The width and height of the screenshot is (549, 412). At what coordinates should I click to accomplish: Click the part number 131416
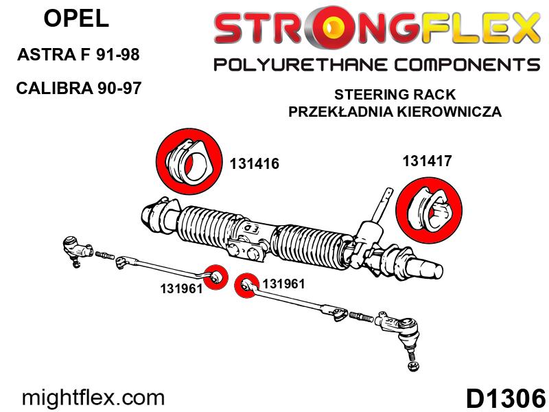255,163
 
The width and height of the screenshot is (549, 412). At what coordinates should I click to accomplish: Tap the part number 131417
427,161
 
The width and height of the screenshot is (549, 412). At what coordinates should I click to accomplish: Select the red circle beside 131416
189,161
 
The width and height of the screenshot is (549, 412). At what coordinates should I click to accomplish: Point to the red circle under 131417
429,209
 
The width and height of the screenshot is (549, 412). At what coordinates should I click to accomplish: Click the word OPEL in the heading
76,19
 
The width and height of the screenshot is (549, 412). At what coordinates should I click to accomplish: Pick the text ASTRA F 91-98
78,54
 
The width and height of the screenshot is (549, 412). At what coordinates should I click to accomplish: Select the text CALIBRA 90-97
78,88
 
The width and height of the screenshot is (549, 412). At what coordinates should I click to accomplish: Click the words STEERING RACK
395,95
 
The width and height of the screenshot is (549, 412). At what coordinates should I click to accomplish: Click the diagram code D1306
506,398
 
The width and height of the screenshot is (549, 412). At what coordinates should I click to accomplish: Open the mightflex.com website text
93,398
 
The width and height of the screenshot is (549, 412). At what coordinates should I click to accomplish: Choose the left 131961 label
181,288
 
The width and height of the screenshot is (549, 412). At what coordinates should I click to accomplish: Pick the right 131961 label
283,284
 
